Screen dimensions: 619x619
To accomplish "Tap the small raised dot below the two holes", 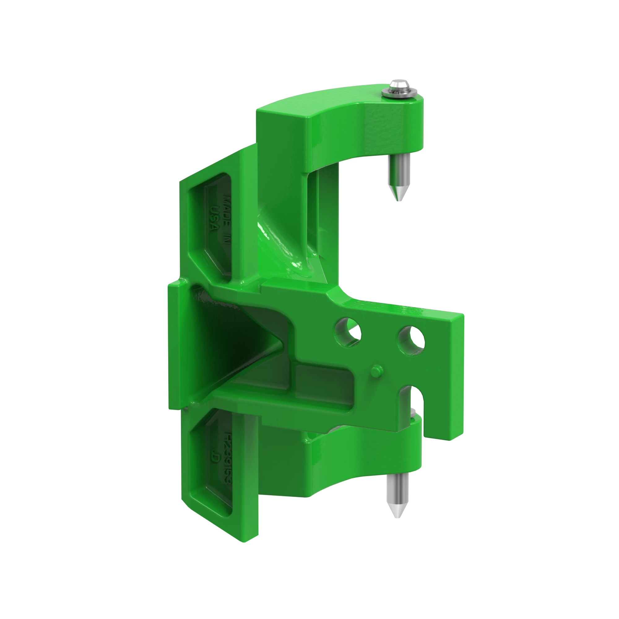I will click(376, 371).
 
